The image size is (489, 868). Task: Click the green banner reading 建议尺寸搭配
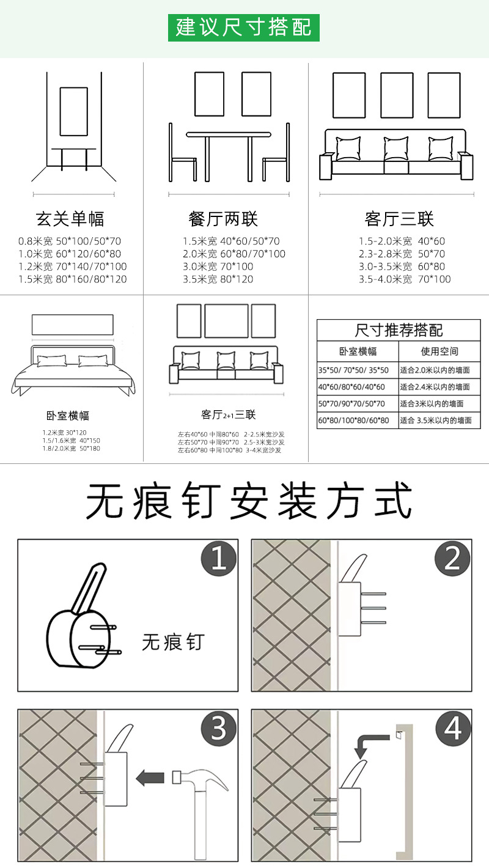244,28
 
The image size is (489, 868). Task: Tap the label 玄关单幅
70,219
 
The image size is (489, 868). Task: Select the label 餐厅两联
224,219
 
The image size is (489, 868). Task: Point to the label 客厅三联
399,219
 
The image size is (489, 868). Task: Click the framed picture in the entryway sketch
74,111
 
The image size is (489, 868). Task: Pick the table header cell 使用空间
439,351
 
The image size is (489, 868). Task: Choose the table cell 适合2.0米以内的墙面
435,370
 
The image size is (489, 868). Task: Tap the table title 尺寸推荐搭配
399,331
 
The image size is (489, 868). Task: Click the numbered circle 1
219,558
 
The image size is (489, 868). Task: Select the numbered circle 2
452,558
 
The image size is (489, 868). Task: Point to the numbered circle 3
219,729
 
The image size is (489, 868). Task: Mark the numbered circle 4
452,729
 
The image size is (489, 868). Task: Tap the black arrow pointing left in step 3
150,778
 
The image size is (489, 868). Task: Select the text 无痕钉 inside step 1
173,642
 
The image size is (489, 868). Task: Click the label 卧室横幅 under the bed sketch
68,416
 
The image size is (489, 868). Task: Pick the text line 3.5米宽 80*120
218,279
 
